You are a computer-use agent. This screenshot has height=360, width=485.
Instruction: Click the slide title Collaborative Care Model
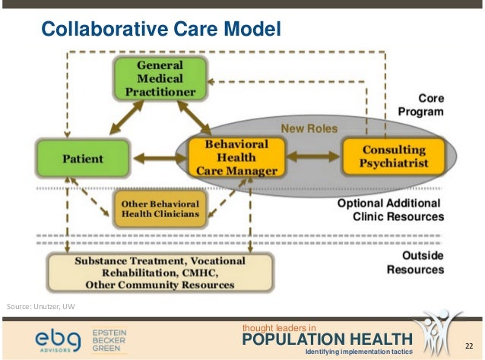[x=161, y=30]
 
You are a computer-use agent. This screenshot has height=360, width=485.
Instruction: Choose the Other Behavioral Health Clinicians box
[x=160, y=209]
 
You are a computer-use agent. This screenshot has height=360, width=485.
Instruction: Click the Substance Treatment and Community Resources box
[x=160, y=272]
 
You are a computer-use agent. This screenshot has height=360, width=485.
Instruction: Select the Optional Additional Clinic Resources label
[x=396, y=210]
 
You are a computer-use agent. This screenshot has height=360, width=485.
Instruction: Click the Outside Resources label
[x=415, y=263]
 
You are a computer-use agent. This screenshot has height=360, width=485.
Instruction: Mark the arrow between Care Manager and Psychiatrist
[x=312, y=156]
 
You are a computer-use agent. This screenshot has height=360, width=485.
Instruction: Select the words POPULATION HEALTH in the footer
[x=326, y=339]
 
